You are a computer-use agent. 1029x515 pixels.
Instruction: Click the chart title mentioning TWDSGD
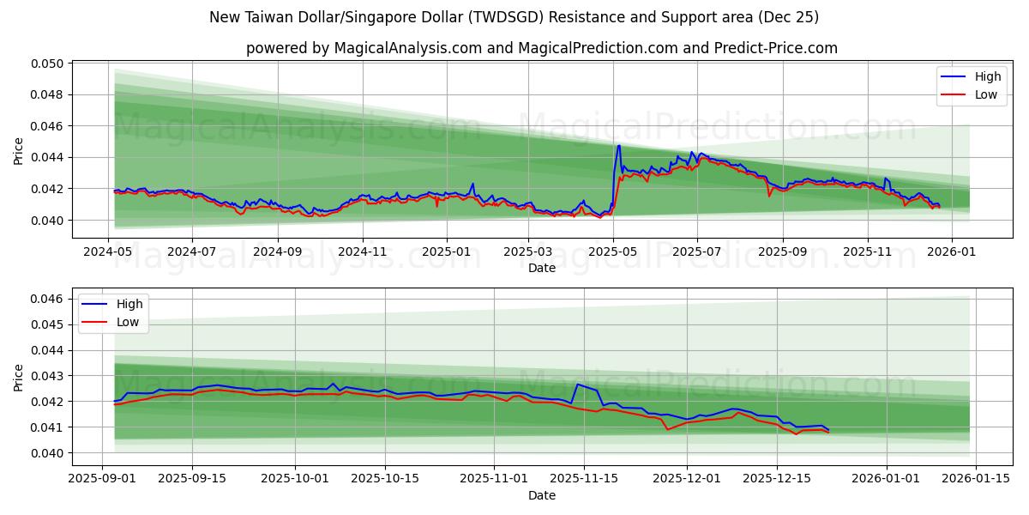pyautogui.click(x=514, y=17)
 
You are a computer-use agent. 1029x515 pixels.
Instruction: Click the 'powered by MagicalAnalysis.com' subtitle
pyautogui.click(x=541, y=48)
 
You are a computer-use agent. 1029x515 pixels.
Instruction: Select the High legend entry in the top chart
pyautogui.click(x=987, y=76)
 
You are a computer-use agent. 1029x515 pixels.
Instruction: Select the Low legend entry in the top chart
pyautogui.click(x=985, y=94)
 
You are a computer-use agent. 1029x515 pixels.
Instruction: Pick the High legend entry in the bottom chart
pyautogui.click(x=129, y=304)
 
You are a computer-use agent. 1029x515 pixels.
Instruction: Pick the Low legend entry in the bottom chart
pyautogui.click(x=128, y=322)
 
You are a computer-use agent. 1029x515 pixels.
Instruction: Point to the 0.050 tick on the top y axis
pyautogui.click(x=48, y=64)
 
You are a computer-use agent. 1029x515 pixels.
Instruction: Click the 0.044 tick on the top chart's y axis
pyautogui.click(x=48, y=158)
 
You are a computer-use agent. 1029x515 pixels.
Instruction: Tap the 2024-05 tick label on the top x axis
pyautogui.click(x=108, y=252)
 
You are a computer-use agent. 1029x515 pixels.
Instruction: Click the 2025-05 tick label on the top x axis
pyautogui.click(x=614, y=252)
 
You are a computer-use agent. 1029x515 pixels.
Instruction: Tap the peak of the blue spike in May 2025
pyautogui.click(x=618, y=145)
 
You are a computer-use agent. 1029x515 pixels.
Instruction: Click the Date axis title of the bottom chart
pyautogui.click(x=541, y=495)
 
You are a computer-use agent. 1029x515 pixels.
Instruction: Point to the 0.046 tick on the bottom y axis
pyautogui.click(x=48, y=299)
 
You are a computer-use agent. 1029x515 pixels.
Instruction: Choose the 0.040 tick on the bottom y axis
pyautogui.click(x=48, y=453)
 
